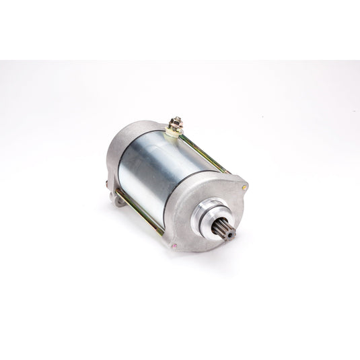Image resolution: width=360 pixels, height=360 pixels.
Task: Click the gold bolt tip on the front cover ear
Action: (245, 186)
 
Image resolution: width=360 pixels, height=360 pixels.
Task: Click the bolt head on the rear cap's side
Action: (108, 183)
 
